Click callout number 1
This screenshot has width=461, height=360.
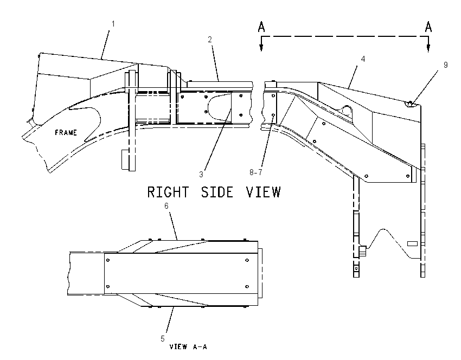coord(113,24)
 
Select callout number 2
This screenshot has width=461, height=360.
coord(210,40)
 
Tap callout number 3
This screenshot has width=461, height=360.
coord(201,175)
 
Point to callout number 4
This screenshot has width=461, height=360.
coord(363,59)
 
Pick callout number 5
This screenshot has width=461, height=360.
coord(163,339)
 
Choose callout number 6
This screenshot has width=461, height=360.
coord(167,206)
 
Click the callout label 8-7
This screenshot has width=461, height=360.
coord(256,172)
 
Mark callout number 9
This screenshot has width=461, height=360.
coord(446,65)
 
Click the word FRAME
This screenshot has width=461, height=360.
coord(66,132)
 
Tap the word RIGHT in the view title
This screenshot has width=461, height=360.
coord(168,192)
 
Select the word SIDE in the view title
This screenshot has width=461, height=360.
coord(217,192)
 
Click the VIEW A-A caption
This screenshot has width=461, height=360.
coord(188,347)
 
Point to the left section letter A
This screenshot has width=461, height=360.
coord(261,27)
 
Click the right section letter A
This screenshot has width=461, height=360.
coord(428,27)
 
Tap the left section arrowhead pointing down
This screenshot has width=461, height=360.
coord(261,48)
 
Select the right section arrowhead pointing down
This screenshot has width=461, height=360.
coord(428,48)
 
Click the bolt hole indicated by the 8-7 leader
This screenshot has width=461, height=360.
coord(273,115)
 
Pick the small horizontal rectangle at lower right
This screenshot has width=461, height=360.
coord(412,243)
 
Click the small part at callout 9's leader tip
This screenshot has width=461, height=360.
coord(410,103)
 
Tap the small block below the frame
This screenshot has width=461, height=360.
coord(125,159)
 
